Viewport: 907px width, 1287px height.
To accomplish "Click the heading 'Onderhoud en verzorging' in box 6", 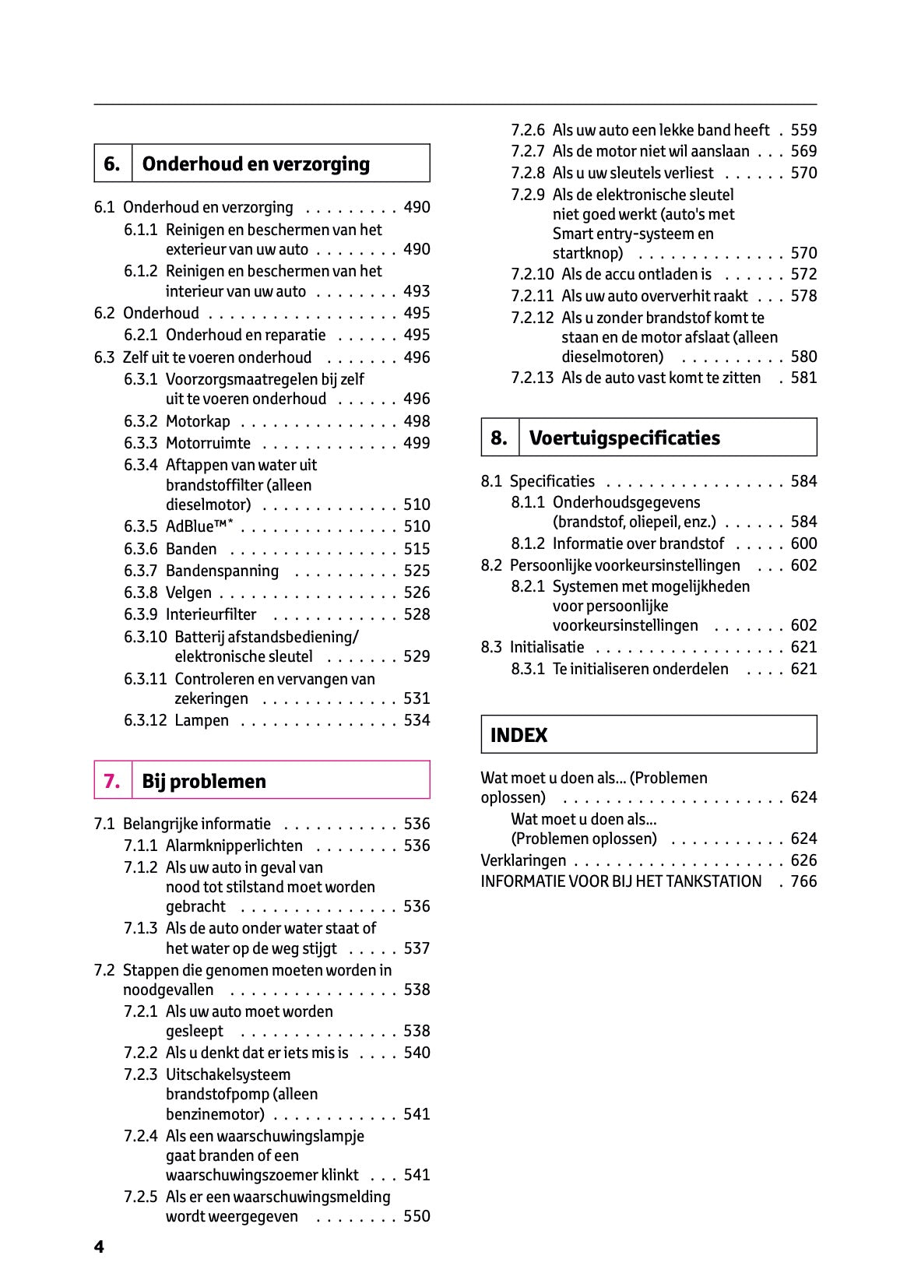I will pos(255,164).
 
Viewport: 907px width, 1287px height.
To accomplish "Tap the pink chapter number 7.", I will pos(112,781).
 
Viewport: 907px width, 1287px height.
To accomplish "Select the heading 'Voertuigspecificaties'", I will pos(624,438).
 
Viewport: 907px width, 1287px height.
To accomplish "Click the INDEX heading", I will pos(519,735).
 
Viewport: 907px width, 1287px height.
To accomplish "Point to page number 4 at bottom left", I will pos(99,1247).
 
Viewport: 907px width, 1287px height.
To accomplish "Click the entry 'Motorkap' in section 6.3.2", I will pos(198,421).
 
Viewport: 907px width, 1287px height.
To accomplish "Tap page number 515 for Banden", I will pos(417,549).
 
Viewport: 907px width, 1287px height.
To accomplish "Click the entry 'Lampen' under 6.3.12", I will pos(202,720).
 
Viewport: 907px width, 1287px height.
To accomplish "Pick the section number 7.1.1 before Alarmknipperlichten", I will pos(140,846).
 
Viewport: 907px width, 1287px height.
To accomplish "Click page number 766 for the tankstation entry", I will pos(803,881).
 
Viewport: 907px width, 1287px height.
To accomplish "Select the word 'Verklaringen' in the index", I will pos(523,860).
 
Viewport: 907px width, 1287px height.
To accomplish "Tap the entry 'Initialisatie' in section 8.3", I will pos(547,647).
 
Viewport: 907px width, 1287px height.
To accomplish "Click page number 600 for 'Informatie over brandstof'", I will pos(803,543).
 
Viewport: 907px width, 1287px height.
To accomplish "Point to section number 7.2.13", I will pos(533,378).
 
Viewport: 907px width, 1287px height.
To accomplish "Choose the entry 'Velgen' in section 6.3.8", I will pos(188,593).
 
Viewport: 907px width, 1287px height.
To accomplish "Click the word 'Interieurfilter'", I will pos(211,614).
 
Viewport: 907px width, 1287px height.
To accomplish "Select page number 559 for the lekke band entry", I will pos(803,130).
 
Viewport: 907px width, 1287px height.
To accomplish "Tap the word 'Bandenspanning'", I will pos(222,571).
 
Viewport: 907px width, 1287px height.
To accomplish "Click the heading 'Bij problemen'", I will pos(204,781).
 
